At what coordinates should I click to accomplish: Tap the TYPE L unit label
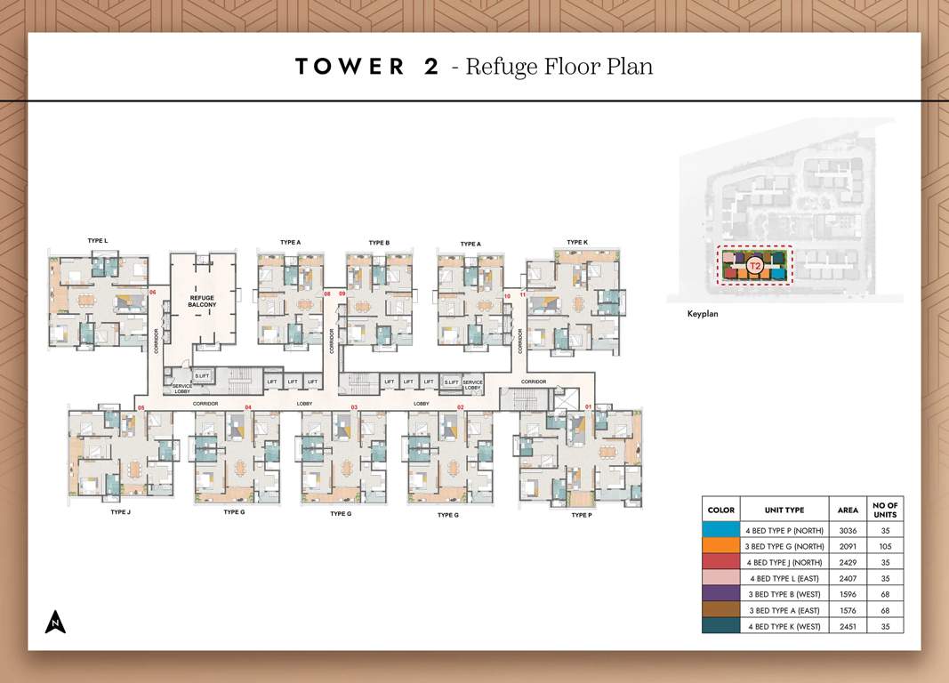(98, 241)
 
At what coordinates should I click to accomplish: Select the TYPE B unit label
(379, 243)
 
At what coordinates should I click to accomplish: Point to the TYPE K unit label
(577, 242)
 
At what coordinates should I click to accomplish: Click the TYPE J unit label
(121, 512)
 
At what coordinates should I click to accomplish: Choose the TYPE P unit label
(581, 515)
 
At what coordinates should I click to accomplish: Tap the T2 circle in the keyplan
(755, 266)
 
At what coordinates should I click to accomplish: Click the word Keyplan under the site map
(702, 314)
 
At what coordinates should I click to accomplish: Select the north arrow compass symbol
(55, 622)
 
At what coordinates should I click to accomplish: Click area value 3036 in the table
(848, 530)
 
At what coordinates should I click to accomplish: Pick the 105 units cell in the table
(885, 547)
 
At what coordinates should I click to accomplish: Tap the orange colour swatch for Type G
(720, 547)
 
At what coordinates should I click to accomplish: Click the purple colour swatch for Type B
(720, 595)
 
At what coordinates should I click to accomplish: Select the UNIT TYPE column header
(784, 510)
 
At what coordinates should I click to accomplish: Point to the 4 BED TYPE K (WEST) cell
(784, 626)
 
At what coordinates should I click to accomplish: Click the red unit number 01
(588, 407)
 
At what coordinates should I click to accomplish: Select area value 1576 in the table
(848, 611)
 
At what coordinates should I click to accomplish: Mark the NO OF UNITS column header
(885, 510)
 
